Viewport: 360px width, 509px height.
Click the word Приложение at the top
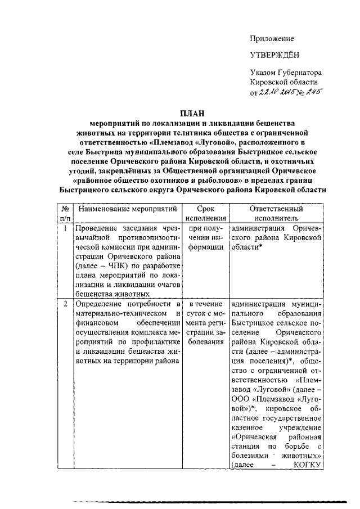coord(272,38)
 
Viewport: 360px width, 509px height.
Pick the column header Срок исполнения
coord(207,213)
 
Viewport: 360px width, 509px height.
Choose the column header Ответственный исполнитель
coord(276,213)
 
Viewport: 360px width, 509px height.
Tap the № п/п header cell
coord(66,213)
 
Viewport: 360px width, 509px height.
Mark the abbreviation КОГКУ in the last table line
coord(306,465)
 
